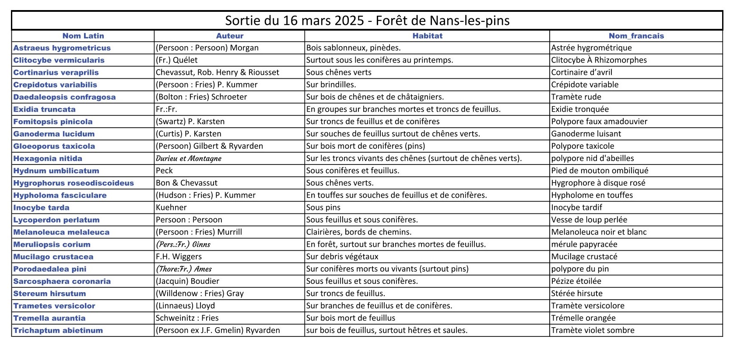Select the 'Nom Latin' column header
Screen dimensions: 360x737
(x=83, y=36)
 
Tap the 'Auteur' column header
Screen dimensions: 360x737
(x=230, y=36)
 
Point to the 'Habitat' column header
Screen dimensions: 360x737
(x=427, y=36)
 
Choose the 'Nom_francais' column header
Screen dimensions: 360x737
(x=636, y=36)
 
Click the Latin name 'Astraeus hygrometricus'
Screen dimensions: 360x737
(x=62, y=48)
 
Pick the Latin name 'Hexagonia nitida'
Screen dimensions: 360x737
(x=48, y=158)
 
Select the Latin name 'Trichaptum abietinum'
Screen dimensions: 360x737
(x=58, y=330)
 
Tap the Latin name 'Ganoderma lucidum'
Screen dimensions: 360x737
(x=54, y=134)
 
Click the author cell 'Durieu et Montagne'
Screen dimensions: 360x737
(x=189, y=158)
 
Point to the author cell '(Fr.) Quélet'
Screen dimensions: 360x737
(x=177, y=60)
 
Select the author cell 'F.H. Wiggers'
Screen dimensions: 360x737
(x=179, y=257)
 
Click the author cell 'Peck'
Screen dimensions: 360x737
(x=165, y=171)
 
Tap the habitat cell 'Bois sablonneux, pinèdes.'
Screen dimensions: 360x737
(x=354, y=48)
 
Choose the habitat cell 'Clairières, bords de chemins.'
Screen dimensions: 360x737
(x=359, y=232)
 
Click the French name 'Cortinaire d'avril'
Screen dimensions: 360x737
(x=582, y=73)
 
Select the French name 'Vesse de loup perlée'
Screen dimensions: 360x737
(x=589, y=220)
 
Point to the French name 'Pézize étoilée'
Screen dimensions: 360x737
(x=576, y=281)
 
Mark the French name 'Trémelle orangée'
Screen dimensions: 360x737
(x=583, y=318)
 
